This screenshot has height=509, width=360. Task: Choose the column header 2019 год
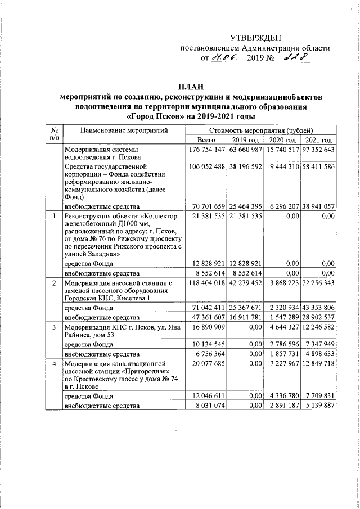pos(245,140)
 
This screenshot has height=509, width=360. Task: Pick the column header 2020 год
pos(282,140)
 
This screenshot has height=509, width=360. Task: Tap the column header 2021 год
pos(318,140)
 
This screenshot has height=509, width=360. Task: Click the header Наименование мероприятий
pos(124,131)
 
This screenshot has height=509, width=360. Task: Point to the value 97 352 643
pos(318,150)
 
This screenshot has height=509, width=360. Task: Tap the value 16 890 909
pos(209,326)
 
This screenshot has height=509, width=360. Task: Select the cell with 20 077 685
pos(209,364)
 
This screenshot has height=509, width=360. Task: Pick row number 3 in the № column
pos(53,326)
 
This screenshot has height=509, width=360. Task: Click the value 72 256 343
pos(318,283)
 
